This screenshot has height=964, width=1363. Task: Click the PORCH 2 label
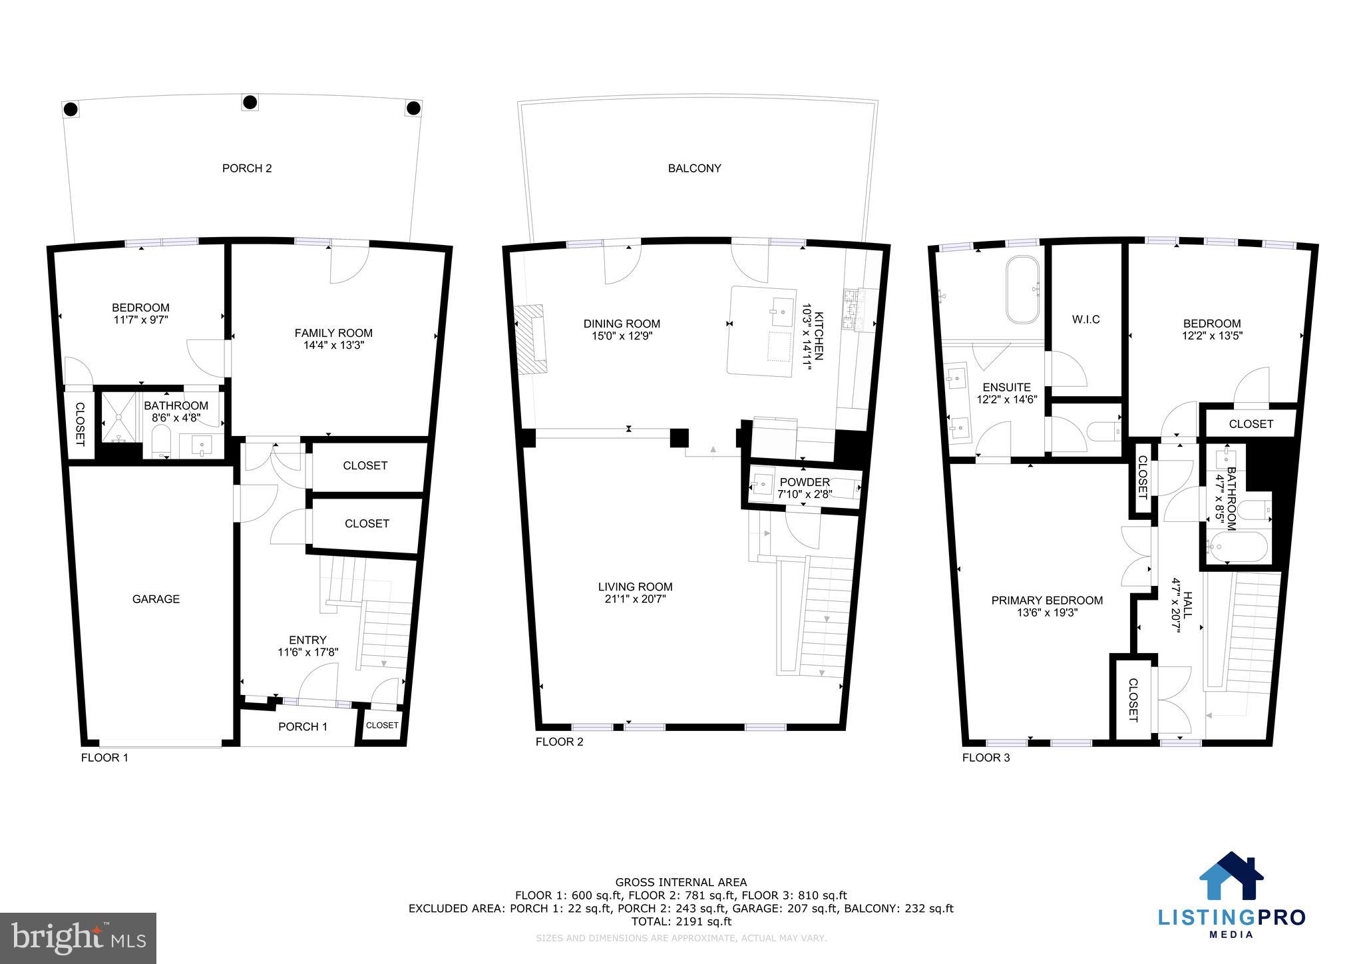click(x=247, y=168)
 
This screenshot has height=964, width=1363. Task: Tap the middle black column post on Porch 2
click(x=250, y=102)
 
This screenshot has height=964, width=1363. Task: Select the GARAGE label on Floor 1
click(x=156, y=599)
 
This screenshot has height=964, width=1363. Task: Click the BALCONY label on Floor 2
click(x=694, y=168)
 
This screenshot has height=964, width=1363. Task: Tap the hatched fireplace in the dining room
click(x=531, y=338)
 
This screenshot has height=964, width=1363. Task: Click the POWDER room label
click(x=805, y=482)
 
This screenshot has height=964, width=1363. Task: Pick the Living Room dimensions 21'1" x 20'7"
click(x=635, y=599)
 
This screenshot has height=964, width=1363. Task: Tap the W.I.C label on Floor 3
click(x=1085, y=320)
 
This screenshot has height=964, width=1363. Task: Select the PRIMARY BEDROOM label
click(x=1047, y=601)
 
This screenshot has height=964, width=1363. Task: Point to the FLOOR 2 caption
click(x=559, y=742)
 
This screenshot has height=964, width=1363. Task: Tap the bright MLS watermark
click(x=78, y=938)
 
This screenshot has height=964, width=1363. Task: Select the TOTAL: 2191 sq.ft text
click(x=681, y=921)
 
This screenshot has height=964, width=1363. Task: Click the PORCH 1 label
click(x=302, y=726)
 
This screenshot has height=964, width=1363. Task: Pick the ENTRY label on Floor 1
click(x=307, y=640)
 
